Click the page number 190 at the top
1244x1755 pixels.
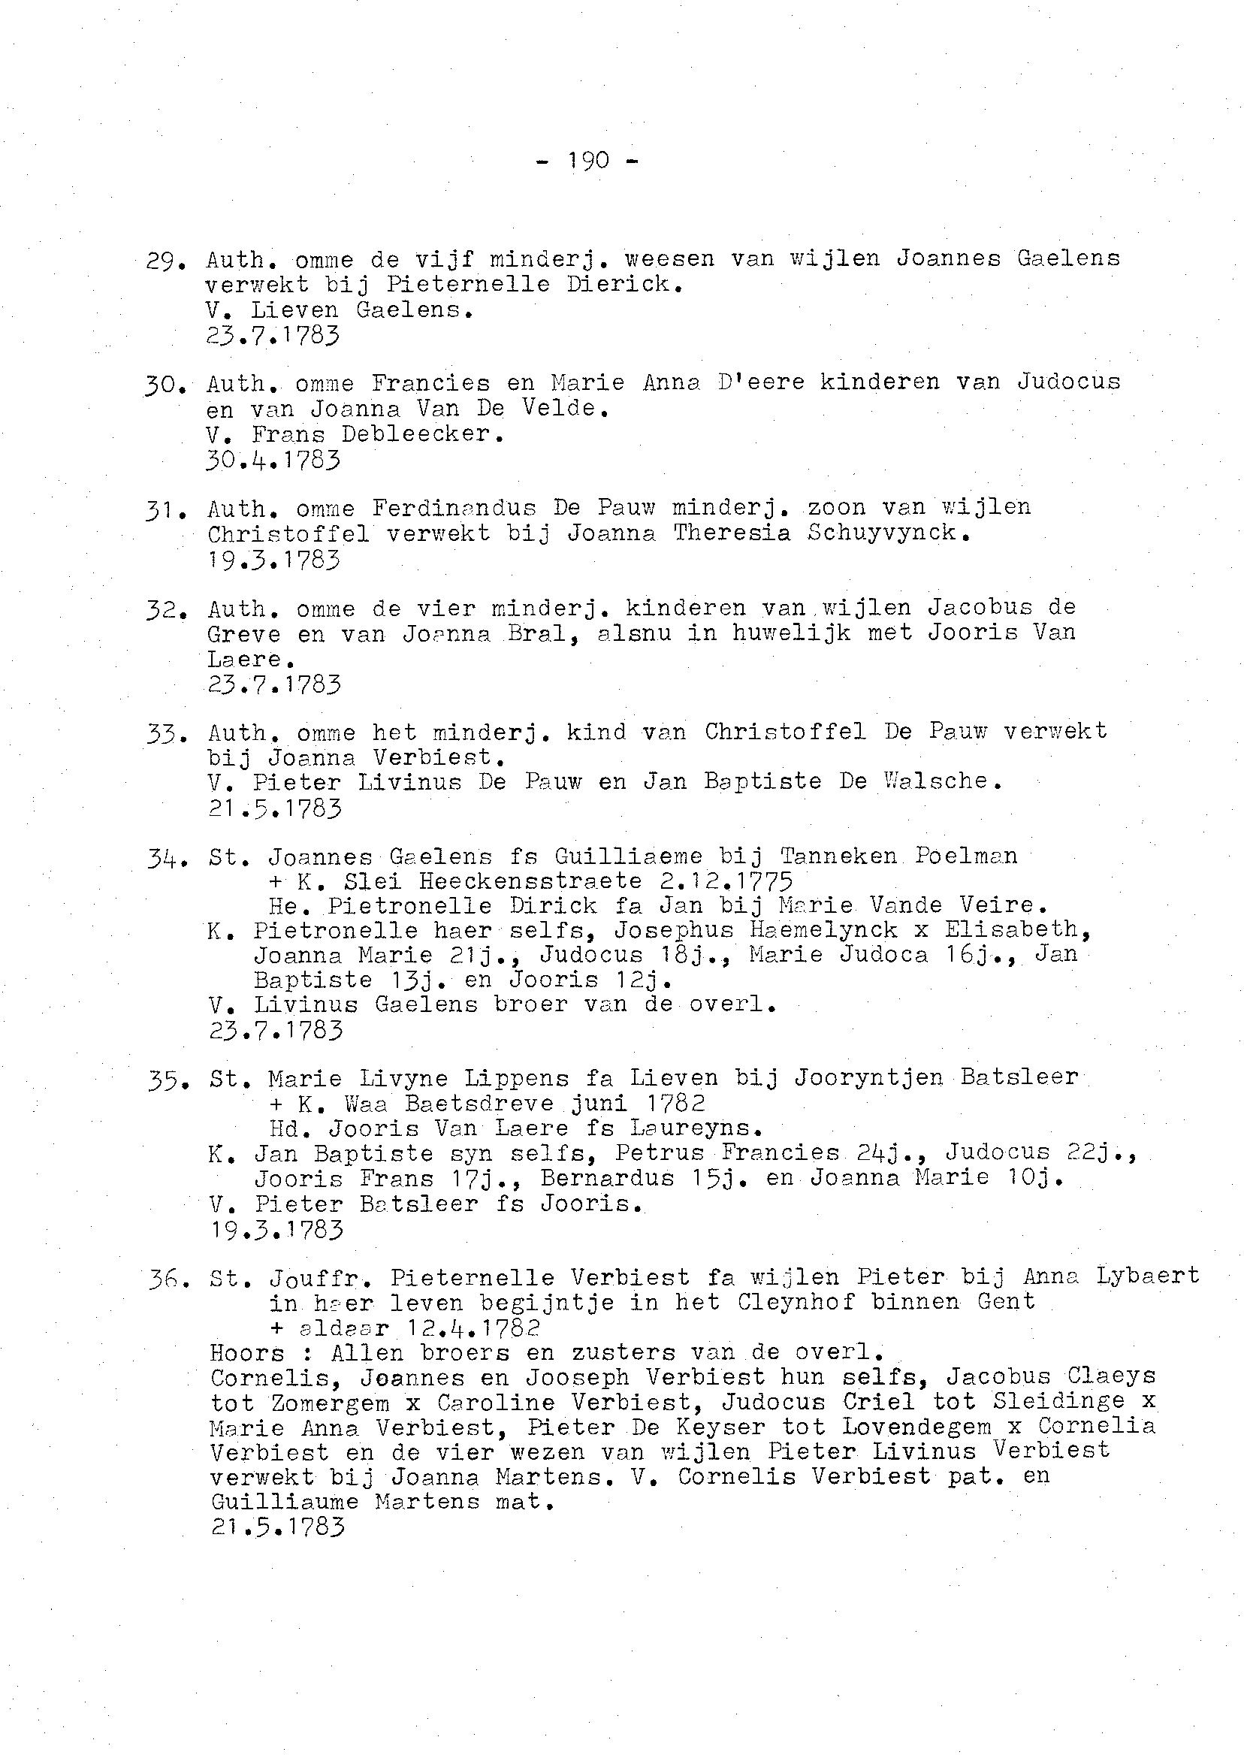click(x=588, y=161)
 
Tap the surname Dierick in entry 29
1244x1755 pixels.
click(x=624, y=285)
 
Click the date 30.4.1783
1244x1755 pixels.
click(x=273, y=461)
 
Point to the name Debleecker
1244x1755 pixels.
click(x=423, y=434)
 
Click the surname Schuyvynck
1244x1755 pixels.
click(x=889, y=533)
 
